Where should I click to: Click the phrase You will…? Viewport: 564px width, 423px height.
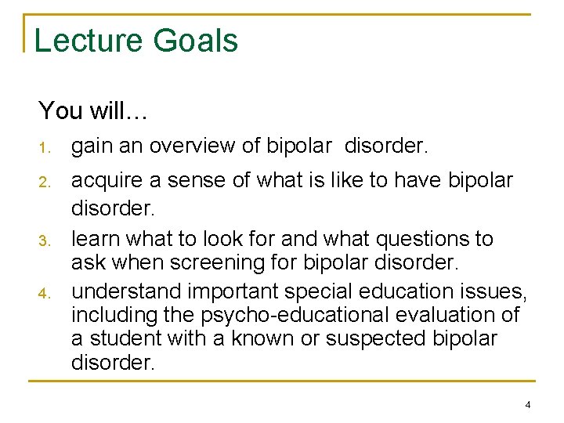click(x=92, y=110)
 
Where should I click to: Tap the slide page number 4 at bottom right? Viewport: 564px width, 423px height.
click(x=527, y=405)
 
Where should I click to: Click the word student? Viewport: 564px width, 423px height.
click(x=128, y=338)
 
